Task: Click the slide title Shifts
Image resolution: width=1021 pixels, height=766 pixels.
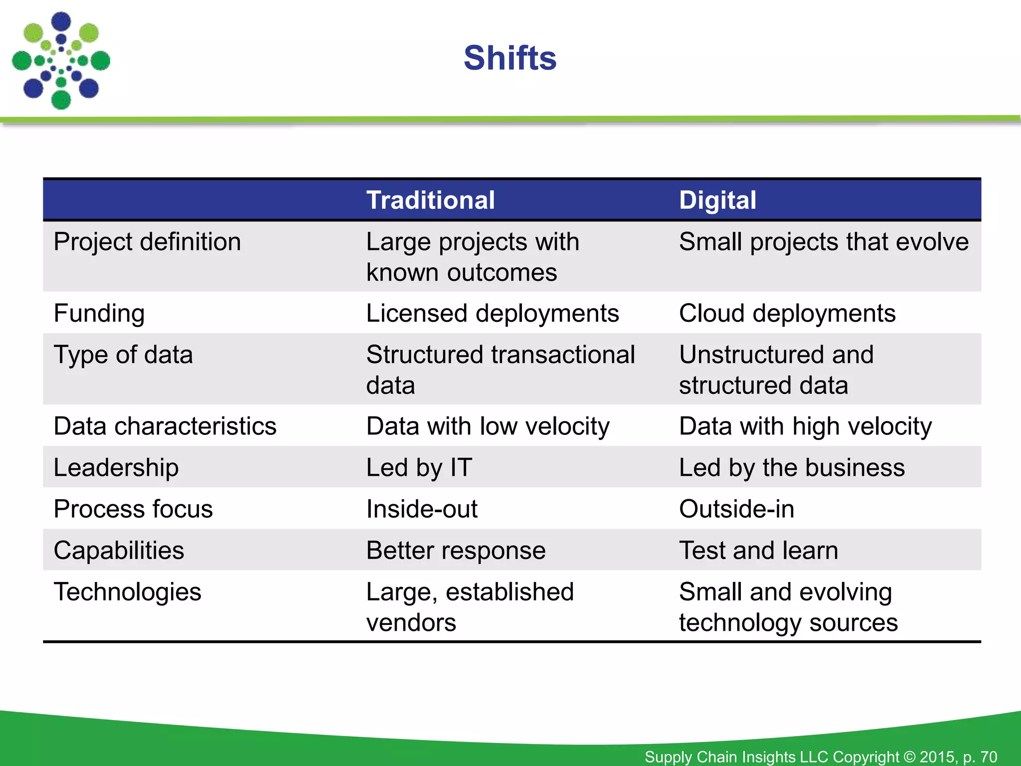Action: click(510, 58)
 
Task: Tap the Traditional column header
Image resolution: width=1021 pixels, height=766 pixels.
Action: click(430, 200)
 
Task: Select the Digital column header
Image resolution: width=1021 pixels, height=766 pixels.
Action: click(717, 200)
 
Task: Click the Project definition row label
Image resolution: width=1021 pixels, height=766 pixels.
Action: click(147, 242)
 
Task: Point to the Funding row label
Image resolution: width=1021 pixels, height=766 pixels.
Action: click(99, 314)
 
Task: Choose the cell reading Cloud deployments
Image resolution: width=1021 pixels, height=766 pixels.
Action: click(787, 314)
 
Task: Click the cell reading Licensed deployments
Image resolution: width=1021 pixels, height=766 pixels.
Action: click(492, 314)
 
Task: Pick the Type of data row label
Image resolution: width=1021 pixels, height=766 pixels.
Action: click(123, 355)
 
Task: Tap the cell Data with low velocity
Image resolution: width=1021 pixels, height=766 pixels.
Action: click(488, 426)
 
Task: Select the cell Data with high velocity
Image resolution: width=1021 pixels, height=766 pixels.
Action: click(805, 426)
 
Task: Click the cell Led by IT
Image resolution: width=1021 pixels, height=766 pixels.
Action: click(419, 468)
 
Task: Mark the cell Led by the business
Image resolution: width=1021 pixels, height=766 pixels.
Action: click(792, 468)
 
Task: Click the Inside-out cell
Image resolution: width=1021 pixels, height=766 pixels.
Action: click(422, 509)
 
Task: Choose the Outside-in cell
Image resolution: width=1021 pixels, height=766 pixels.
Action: click(736, 509)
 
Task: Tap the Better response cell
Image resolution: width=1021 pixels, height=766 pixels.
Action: click(456, 551)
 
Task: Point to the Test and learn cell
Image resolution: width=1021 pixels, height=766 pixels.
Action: click(758, 551)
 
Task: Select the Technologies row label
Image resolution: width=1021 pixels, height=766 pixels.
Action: click(127, 592)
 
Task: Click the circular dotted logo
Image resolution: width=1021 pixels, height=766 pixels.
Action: click(61, 61)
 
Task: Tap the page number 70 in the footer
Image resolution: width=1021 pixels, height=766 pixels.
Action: click(988, 757)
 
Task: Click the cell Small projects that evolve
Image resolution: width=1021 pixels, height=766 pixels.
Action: click(824, 242)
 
